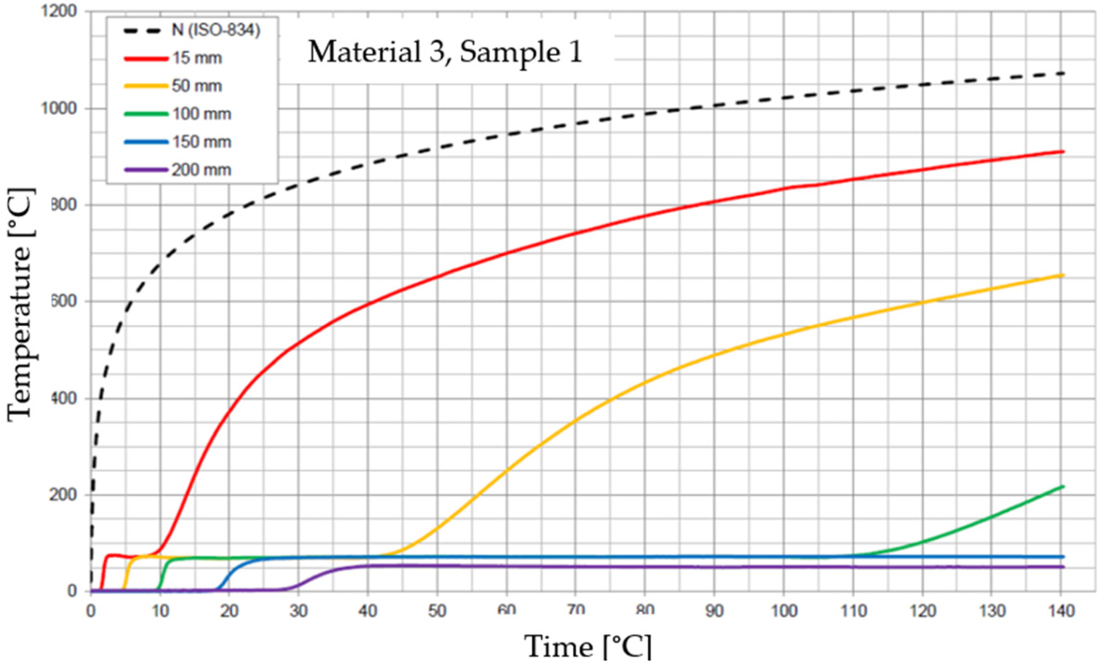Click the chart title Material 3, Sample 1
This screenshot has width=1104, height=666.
[445, 52]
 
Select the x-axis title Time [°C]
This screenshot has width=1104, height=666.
[588, 647]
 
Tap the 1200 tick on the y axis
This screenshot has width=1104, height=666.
[59, 12]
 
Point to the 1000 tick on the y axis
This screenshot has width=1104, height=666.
[59, 109]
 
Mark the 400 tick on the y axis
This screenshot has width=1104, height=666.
[64, 398]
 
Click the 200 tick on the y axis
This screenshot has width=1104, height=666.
[64, 495]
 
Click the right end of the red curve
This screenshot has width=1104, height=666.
[1063, 151]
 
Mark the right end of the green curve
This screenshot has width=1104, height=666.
[1063, 487]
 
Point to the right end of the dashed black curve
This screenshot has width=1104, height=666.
[1063, 73]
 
